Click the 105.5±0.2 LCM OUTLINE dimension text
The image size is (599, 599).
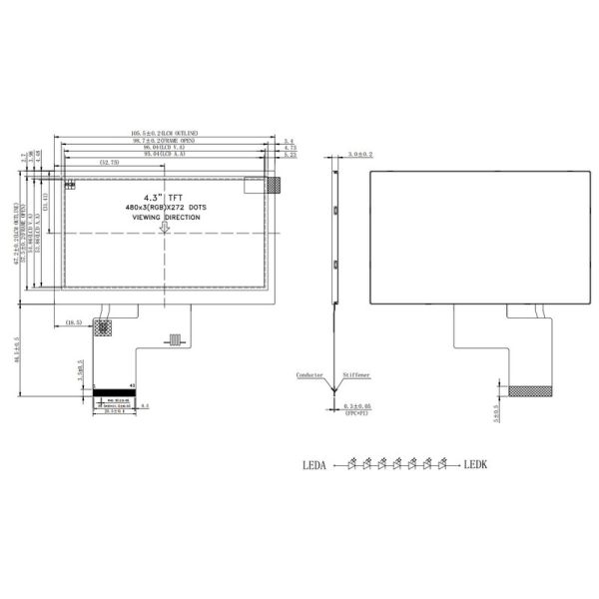(x=165, y=134)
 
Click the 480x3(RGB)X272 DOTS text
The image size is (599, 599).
(x=166, y=207)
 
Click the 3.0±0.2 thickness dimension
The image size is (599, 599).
(x=360, y=155)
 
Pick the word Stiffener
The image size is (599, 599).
(x=356, y=375)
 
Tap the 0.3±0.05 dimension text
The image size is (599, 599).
(x=357, y=406)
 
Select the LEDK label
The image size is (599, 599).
(x=476, y=464)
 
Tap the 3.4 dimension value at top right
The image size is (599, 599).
(x=289, y=142)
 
